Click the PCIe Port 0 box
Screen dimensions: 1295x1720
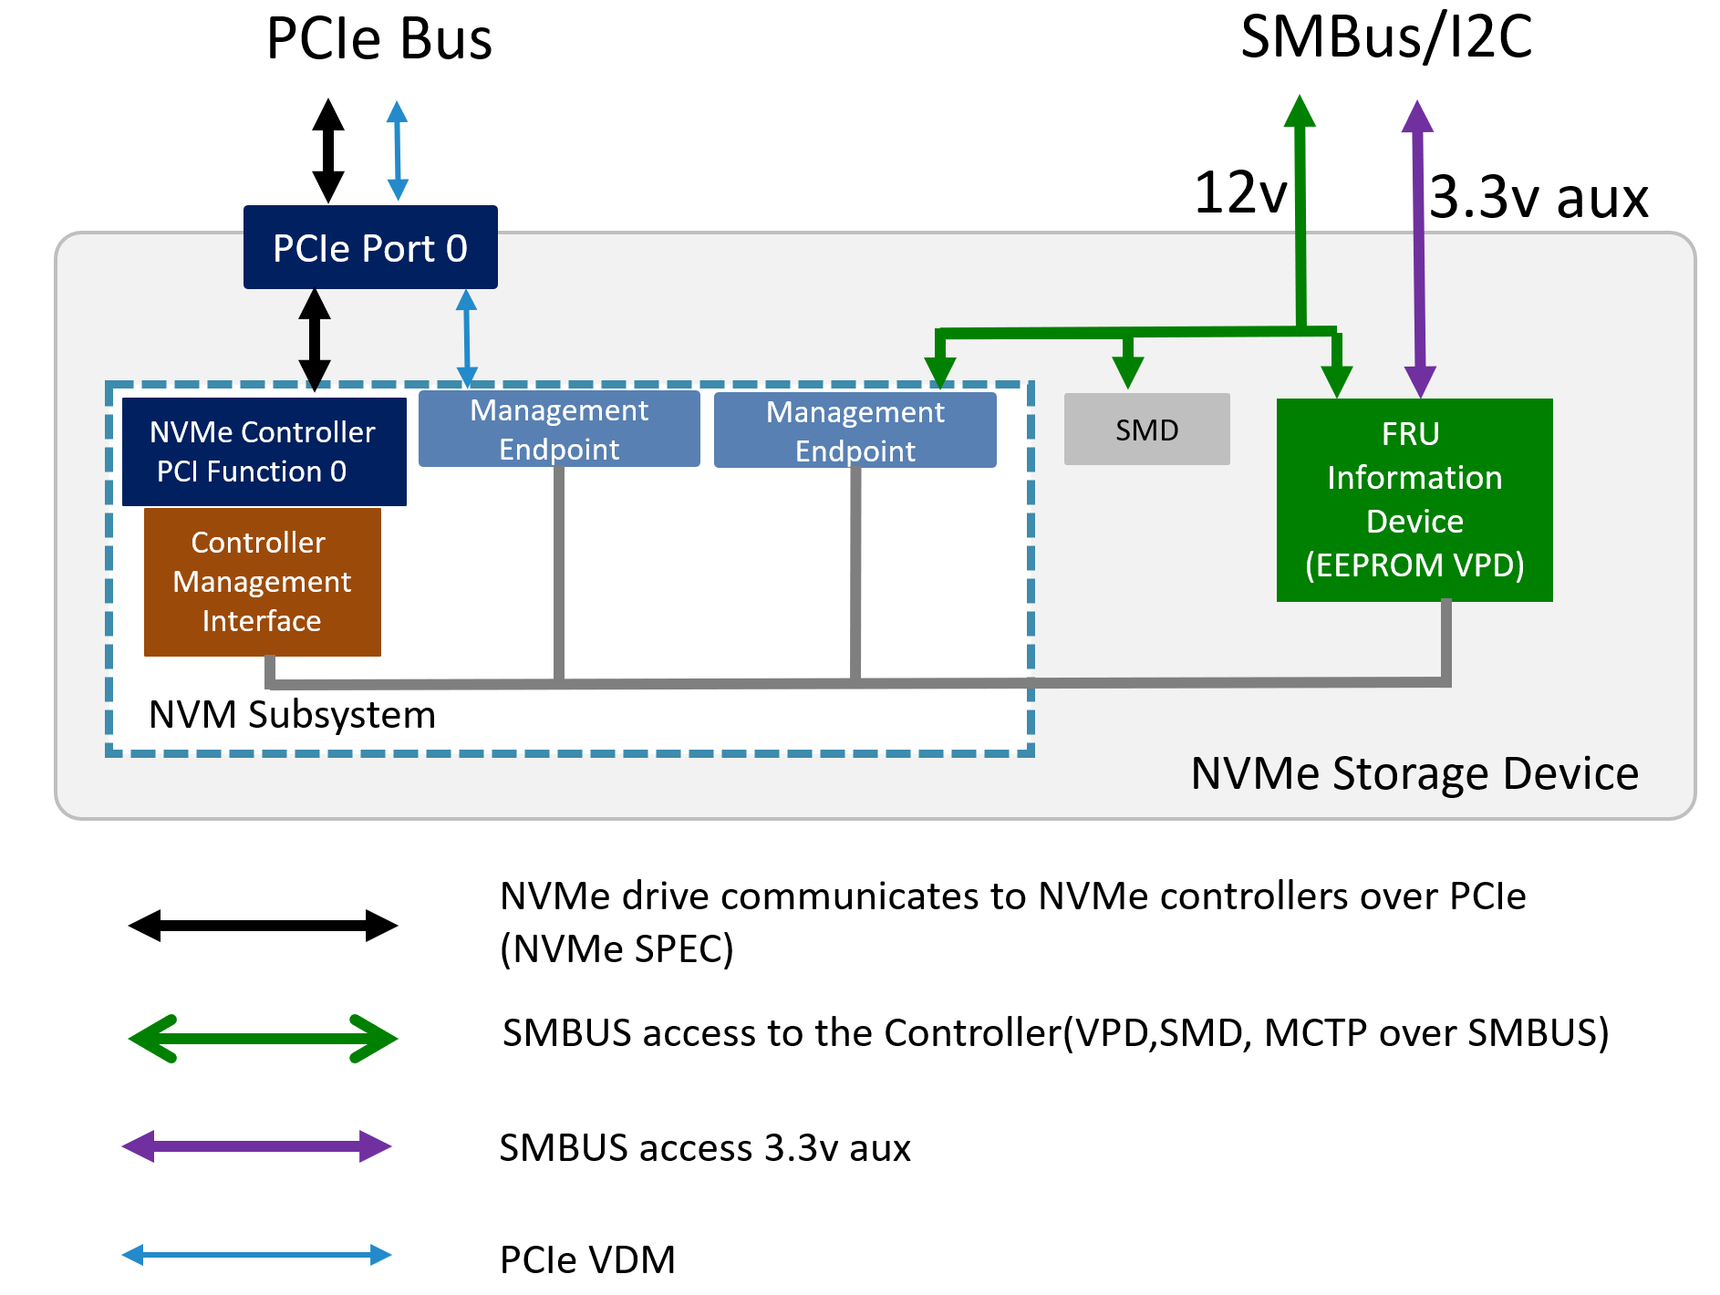point(370,247)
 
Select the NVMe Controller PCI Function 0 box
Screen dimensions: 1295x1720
point(264,451)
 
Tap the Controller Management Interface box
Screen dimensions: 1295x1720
point(262,582)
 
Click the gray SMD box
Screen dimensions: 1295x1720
point(1146,430)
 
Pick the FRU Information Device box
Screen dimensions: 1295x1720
point(1414,500)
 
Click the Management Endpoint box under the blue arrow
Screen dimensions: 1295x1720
point(559,430)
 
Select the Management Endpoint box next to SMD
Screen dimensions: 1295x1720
point(855,430)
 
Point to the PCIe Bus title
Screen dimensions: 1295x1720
point(378,39)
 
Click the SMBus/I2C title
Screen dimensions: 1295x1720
point(1386,37)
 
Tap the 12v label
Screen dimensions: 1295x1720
point(1240,193)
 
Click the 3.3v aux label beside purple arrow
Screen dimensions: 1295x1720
point(1539,197)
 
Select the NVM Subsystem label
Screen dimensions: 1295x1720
point(292,714)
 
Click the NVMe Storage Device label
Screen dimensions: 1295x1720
point(1414,773)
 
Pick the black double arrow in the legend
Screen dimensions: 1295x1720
point(263,926)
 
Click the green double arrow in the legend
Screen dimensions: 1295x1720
point(263,1039)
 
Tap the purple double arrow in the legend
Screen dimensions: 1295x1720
point(257,1146)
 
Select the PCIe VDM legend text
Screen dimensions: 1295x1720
point(587,1259)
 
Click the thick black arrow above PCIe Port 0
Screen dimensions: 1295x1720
point(328,150)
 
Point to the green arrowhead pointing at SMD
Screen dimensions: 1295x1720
point(1128,370)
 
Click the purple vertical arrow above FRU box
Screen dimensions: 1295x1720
point(1418,246)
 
